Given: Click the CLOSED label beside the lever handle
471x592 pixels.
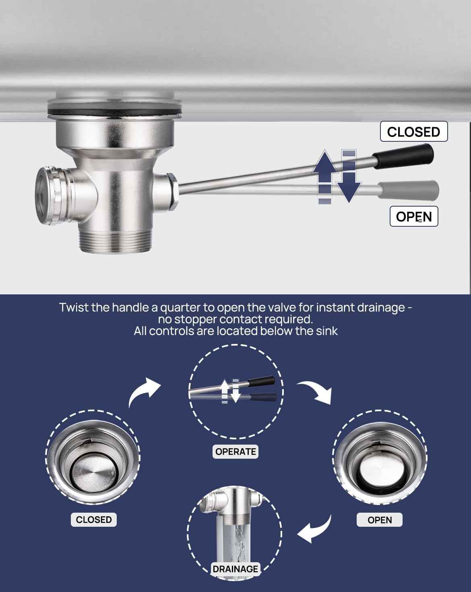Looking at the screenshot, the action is point(413,132).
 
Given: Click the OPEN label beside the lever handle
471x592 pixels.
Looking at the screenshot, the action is point(414,217).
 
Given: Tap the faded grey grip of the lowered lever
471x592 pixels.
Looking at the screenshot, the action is point(409,190).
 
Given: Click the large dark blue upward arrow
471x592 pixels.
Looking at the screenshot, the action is point(325,176).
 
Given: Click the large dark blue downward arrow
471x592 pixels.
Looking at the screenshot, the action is point(349,176).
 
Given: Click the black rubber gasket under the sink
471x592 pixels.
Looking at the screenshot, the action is point(114,112).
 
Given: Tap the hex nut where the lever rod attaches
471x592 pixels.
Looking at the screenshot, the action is point(173,192).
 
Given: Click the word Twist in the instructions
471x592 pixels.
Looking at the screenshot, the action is point(74,307).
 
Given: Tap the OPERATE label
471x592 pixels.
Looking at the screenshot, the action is point(235,452).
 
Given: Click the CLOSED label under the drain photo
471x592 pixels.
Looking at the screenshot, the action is point(94,520).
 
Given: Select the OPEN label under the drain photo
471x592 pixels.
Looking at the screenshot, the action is point(380,520).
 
